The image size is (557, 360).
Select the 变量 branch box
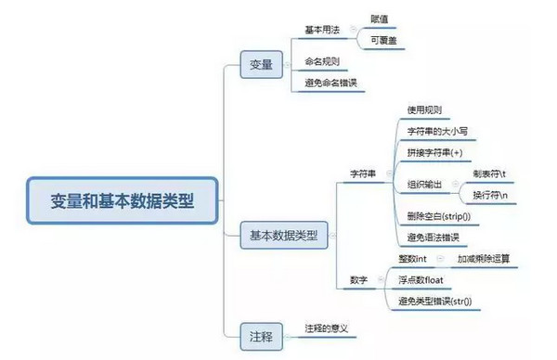click(x=261, y=64)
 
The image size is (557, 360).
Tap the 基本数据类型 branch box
click(x=283, y=236)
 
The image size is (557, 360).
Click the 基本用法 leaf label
click(x=323, y=30)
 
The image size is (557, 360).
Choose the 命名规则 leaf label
click(x=323, y=61)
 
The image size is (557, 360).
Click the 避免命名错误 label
click(x=330, y=84)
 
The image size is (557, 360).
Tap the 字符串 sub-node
click(x=362, y=174)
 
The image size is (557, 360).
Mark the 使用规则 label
click(x=424, y=109)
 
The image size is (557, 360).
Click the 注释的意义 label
click(x=330, y=328)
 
